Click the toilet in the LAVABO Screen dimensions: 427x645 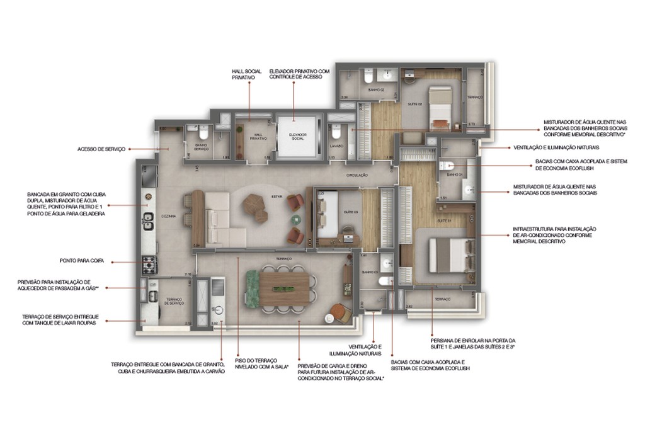click(x=337, y=134)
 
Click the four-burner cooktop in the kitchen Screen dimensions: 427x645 click(x=149, y=263)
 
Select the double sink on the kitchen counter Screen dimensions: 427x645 click(x=149, y=220)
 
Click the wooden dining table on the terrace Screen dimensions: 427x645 click(x=282, y=289)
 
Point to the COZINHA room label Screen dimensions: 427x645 click(x=168, y=215)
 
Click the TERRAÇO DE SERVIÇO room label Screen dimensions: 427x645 click(x=173, y=302)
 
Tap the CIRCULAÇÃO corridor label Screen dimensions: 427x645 click(x=356, y=175)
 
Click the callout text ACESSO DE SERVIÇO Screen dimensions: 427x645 click(x=101, y=149)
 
